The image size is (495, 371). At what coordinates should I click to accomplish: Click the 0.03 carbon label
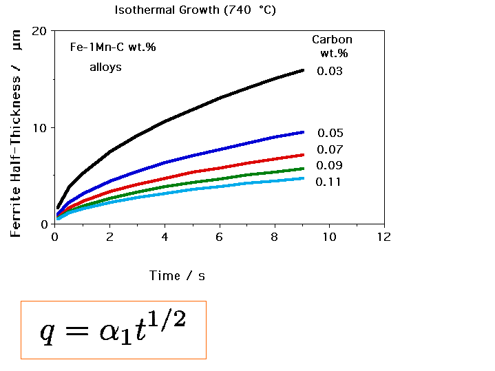pyautogui.click(x=330, y=71)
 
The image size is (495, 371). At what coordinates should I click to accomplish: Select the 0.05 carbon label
pyautogui.click(x=330, y=134)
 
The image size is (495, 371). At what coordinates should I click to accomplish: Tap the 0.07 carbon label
pyautogui.click(x=330, y=149)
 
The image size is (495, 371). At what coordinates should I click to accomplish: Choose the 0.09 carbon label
pyautogui.click(x=330, y=165)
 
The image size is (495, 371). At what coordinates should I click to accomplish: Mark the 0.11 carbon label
pyautogui.click(x=329, y=182)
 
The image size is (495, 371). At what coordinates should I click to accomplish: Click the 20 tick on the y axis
pyautogui.click(x=39, y=32)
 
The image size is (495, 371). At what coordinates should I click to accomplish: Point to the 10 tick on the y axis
pyautogui.click(x=39, y=128)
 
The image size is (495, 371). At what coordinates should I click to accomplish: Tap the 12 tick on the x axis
pyautogui.click(x=383, y=237)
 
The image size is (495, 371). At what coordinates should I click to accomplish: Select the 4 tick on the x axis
pyautogui.click(x=165, y=237)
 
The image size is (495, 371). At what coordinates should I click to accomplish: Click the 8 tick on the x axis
pyautogui.click(x=275, y=237)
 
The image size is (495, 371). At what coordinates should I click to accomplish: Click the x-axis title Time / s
pyautogui.click(x=177, y=275)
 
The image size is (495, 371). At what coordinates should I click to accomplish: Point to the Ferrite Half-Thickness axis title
pyautogui.click(x=17, y=135)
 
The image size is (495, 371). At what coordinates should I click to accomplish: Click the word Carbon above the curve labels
pyautogui.click(x=332, y=40)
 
